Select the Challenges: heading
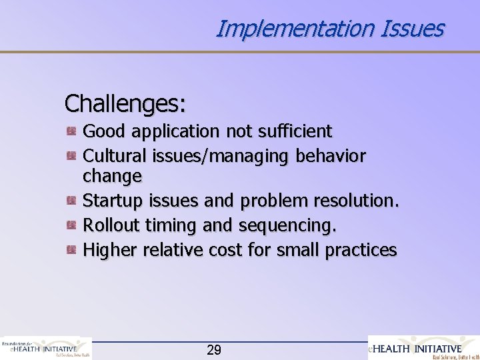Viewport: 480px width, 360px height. [125, 103]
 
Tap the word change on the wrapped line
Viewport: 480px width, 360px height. [112, 177]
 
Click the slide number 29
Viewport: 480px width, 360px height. [214, 349]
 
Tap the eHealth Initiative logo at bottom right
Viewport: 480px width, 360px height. [423, 347]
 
